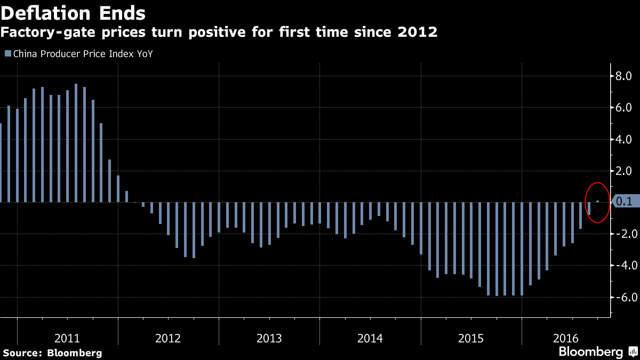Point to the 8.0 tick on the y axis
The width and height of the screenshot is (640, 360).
point(623,76)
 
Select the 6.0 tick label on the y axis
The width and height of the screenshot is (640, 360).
point(623,108)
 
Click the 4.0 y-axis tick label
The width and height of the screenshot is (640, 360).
point(623,139)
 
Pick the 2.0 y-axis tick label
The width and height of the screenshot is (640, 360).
point(623,171)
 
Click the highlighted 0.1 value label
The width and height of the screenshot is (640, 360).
point(625,202)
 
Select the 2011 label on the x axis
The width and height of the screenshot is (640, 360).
point(67,338)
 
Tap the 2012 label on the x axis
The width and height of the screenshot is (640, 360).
point(168,338)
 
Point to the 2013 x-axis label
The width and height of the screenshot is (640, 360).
point(269,338)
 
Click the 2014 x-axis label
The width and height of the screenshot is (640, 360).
point(370,338)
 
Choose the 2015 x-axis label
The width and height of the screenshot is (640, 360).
point(471,338)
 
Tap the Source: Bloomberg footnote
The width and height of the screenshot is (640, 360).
point(53,353)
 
